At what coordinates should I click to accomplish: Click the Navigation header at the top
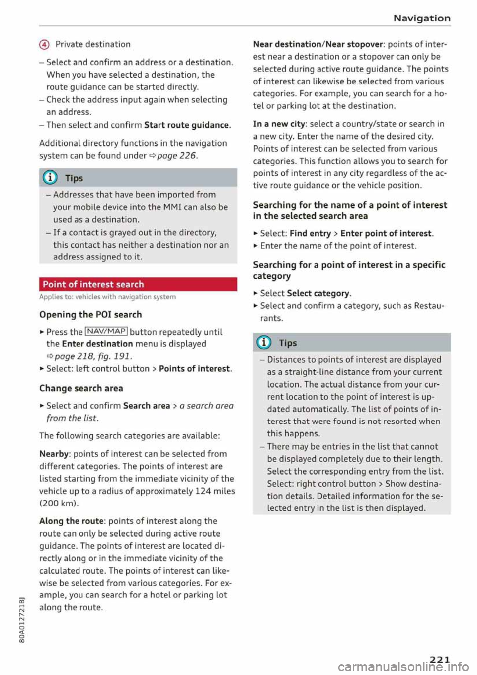[421, 18]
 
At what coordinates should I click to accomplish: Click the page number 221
[440, 660]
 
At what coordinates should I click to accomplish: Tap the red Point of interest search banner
[138, 284]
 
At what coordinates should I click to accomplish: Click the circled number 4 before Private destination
[45, 44]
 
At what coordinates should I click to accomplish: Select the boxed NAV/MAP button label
[106, 332]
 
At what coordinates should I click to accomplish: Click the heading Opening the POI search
[90, 314]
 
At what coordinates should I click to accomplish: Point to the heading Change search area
[81, 388]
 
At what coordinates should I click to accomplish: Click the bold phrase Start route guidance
[186, 125]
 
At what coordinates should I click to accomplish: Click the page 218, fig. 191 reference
[92, 356]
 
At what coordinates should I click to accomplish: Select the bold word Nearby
[54, 454]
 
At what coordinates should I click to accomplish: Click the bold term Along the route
[72, 521]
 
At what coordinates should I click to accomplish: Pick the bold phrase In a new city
[279, 124]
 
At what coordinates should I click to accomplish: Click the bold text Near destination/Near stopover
[318, 44]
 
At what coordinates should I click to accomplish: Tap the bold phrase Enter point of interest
[386, 233]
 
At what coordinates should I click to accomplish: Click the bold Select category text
[318, 293]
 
